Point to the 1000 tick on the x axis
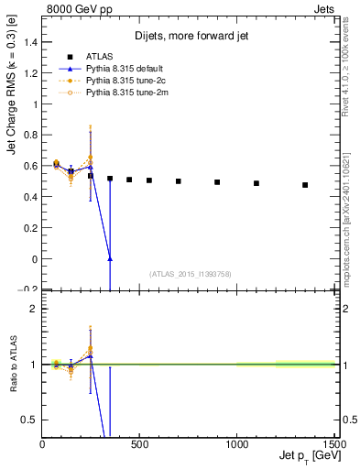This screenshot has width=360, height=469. pyautogui.click(x=237, y=444)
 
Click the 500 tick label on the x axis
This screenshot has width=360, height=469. pyautogui.click(x=139, y=444)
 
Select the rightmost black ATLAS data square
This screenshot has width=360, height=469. pyautogui.click(x=305, y=185)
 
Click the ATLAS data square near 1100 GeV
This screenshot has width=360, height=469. pyautogui.click(x=256, y=183)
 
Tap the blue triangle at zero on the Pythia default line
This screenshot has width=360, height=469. pyautogui.click(x=110, y=259)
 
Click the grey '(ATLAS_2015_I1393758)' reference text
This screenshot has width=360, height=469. pyautogui.click(x=189, y=273)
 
